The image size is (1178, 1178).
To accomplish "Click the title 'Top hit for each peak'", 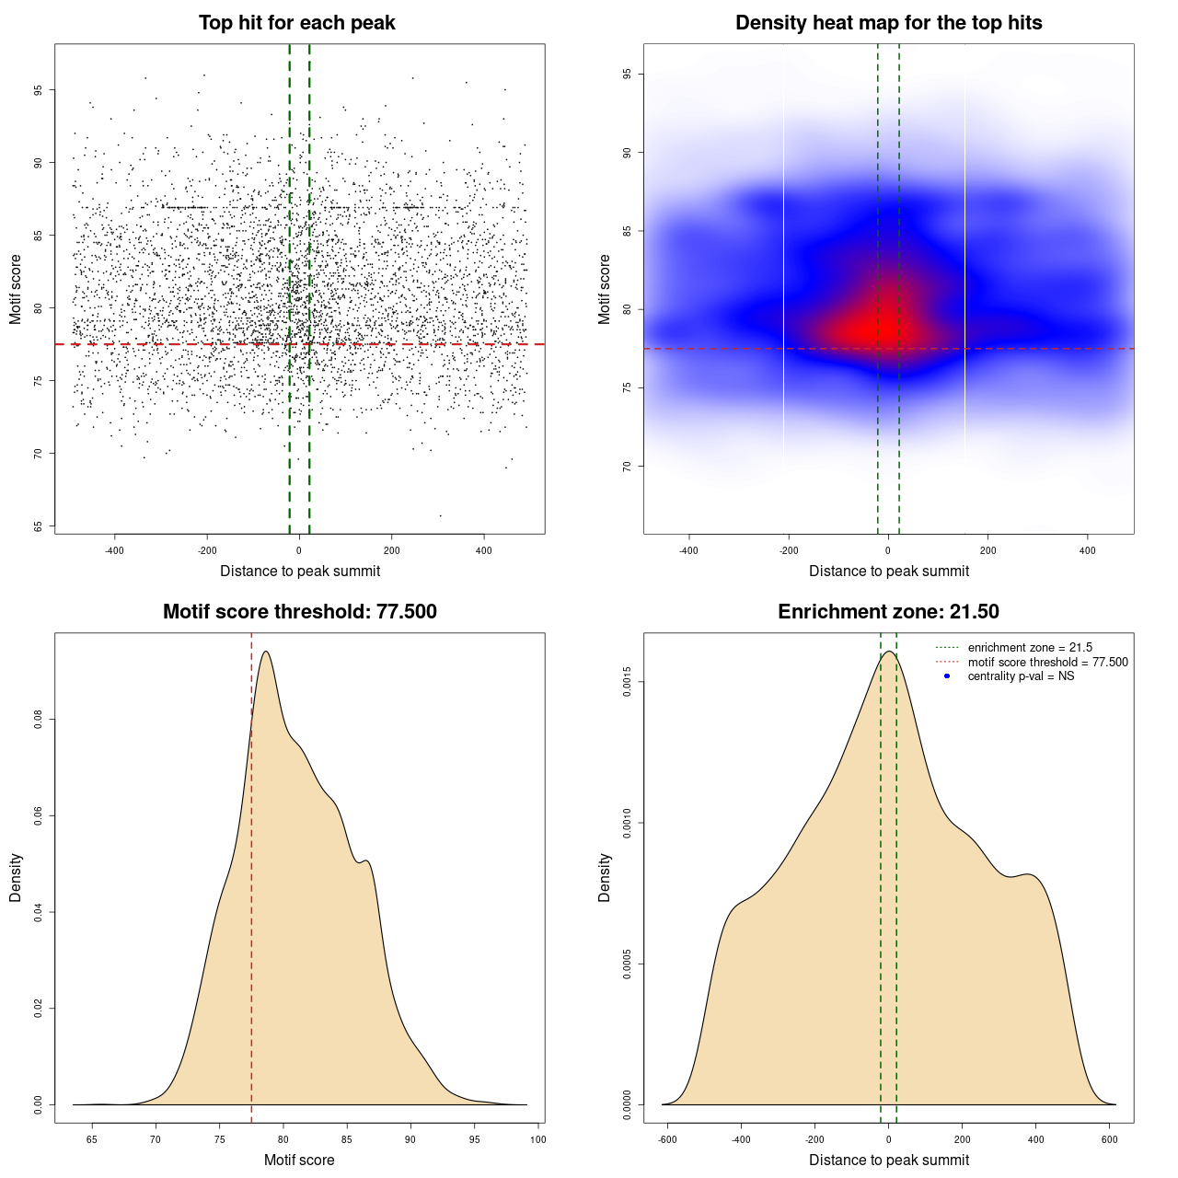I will [296, 23].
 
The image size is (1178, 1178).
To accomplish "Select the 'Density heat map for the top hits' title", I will [888, 23].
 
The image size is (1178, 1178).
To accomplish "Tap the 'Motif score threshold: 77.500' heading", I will [299, 612].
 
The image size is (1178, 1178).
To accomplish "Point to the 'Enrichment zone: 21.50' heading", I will [888, 612].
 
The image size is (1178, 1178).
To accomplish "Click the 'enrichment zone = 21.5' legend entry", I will [1030, 648].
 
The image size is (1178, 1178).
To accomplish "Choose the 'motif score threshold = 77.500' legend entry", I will [1047, 663].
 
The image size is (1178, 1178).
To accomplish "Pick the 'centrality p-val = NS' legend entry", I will [1021, 676].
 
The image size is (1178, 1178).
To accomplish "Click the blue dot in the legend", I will [947, 676].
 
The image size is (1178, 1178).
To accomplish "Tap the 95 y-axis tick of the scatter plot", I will [39, 90].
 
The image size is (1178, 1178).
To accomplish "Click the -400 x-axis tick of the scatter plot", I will [115, 550].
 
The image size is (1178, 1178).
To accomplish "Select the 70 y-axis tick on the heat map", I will [628, 467].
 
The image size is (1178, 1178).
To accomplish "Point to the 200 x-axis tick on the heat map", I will [987, 550].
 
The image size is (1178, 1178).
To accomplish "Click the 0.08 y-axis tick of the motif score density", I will [39, 720].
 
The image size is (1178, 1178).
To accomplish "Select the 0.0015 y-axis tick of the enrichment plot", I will [628, 682].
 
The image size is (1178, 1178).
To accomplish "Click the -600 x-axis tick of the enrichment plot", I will [668, 1139].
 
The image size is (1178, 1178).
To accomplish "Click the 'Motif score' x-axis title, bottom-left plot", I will [299, 1160].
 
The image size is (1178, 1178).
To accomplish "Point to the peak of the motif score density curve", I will [266, 652].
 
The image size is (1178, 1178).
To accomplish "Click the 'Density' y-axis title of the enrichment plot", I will [605, 877].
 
